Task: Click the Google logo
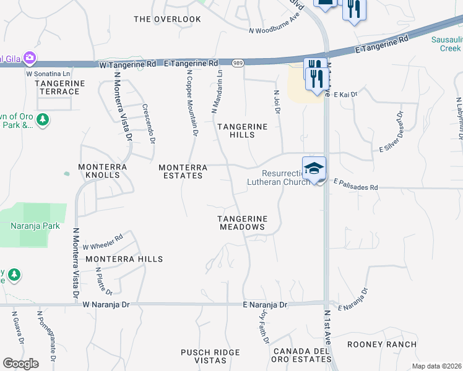[x=21, y=364]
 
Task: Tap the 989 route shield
[x=238, y=63]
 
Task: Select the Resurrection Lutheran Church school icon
[x=314, y=168]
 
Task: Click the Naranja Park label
[x=35, y=226]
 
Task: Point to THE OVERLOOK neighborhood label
[x=168, y=19]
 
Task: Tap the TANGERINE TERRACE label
[x=58, y=87]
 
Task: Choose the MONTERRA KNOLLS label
[x=103, y=171]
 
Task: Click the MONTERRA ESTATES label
[x=181, y=171]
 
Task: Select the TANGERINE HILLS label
[x=242, y=130]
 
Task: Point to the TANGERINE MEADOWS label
[x=242, y=223]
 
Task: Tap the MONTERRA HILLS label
[x=124, y=259]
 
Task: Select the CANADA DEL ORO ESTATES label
[x=300, y=356]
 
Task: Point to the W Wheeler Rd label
[x=103, y=241]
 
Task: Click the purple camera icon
[x=29, y=58]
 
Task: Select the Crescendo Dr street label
[x=149, y=124]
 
